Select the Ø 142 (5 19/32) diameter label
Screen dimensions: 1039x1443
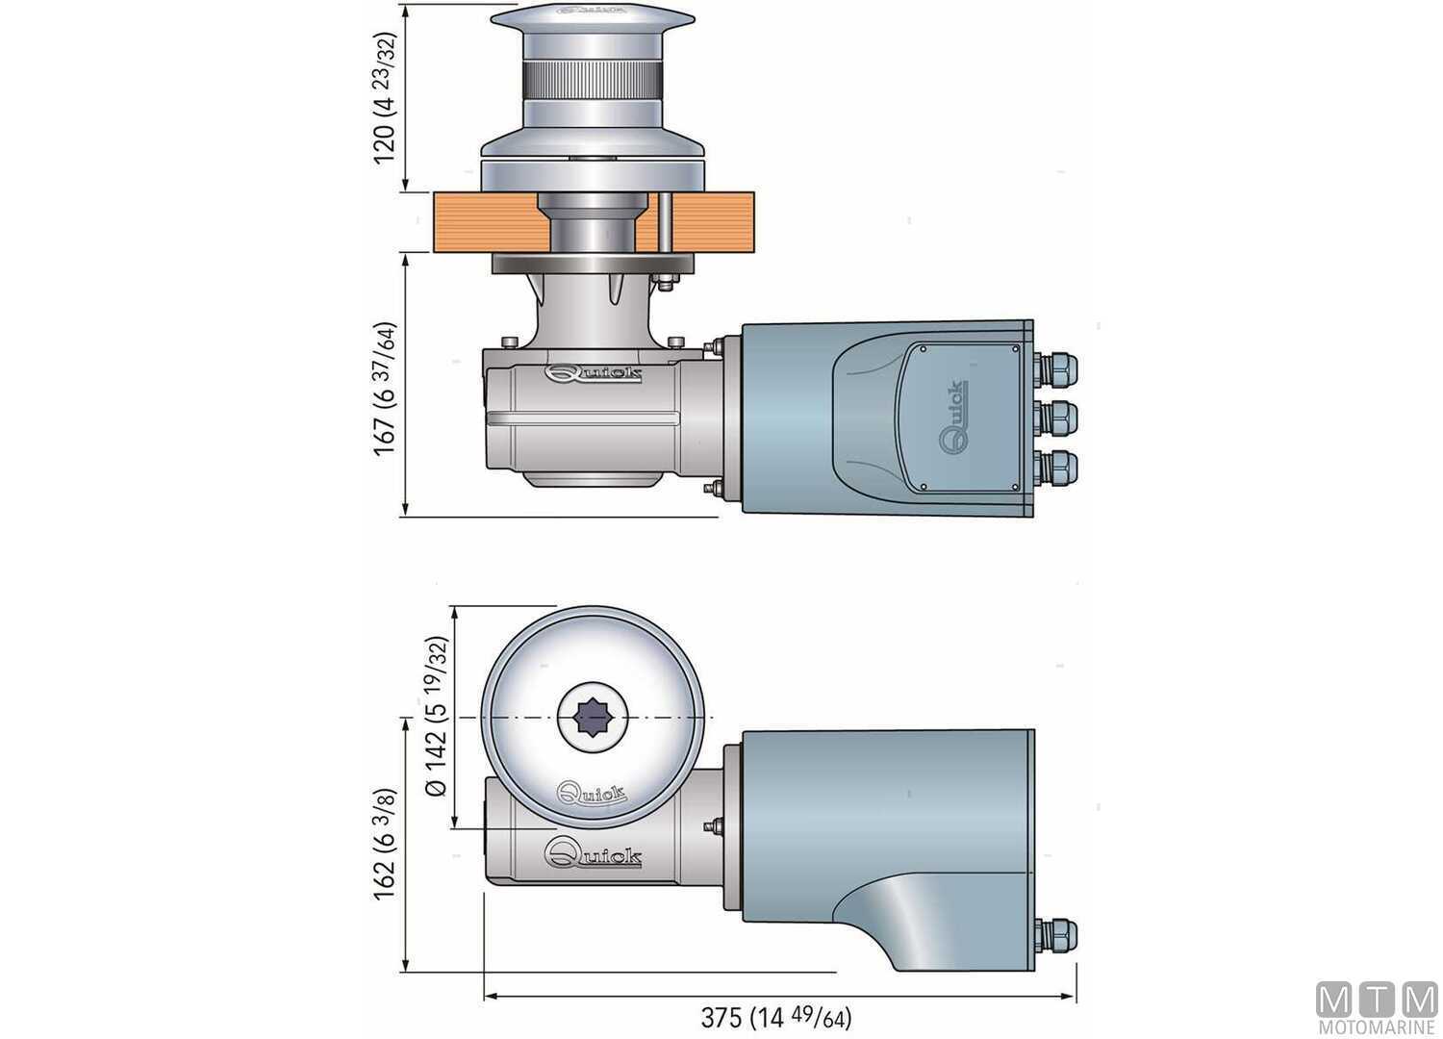point(437,716)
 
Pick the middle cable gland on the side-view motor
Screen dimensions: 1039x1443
point(1055,417)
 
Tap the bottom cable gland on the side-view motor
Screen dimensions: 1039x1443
point(1055,467)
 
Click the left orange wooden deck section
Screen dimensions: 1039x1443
point(481,221)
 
